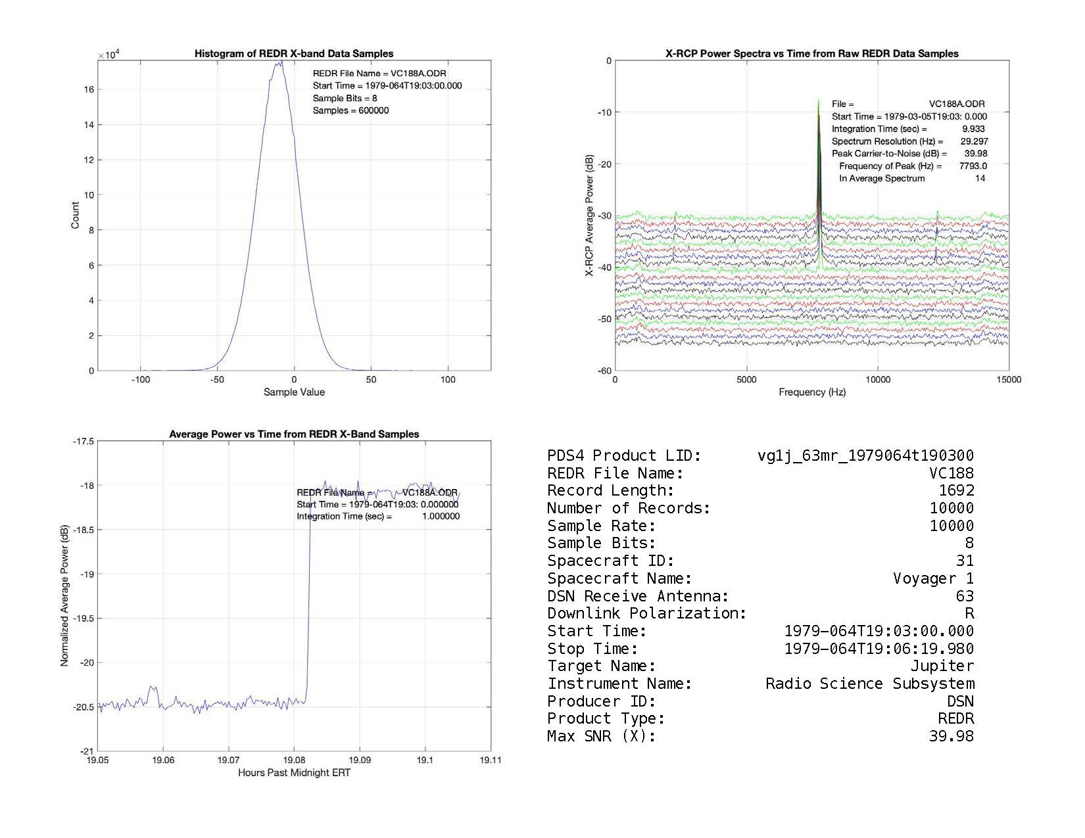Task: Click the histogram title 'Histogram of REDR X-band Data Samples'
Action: point(294,54)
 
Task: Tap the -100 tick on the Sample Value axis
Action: point(140,380)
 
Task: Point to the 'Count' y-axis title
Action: point(75,216)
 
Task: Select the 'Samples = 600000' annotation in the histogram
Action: point(350,110)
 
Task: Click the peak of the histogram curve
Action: point(280,62)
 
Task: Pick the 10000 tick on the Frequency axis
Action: point(877,380)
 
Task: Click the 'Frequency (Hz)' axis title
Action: point(812,392)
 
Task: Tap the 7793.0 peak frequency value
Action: point(973,166)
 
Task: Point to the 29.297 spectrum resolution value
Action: point(974,141)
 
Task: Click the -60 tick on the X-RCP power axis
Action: point(604,371)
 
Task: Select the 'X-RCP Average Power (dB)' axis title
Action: point(590,216)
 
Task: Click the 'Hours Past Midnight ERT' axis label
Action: point(294,773)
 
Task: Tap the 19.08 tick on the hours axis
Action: point(294,760)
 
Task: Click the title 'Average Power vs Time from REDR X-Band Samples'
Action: point(294,434)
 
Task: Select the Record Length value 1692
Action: point(956,491)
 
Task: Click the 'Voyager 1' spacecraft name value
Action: point(933,579)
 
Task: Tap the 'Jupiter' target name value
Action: point(942,666)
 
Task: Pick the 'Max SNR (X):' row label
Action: point(602,737)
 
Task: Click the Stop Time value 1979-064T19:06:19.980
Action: point(879,649)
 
